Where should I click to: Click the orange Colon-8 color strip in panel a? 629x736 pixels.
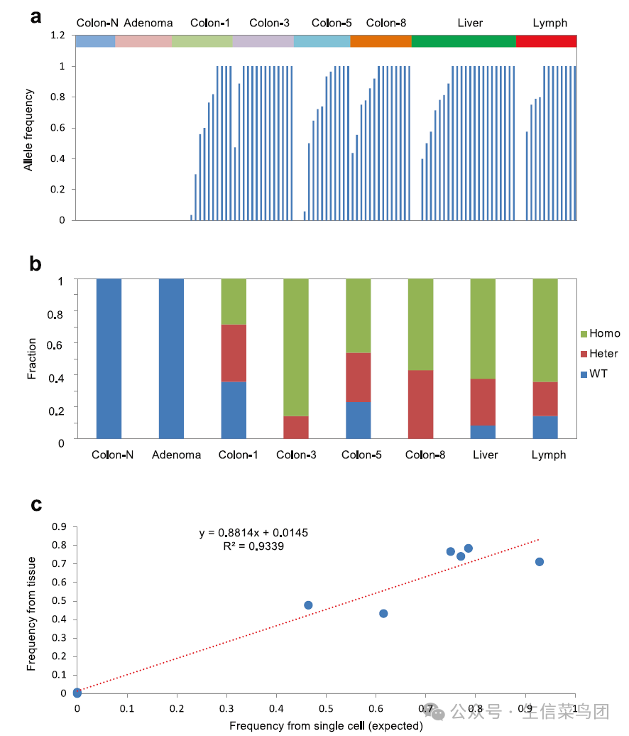[x=381, y=41]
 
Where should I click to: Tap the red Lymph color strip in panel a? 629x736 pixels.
[x=546, y=41]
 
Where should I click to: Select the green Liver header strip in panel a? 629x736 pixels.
[x=464, y=41]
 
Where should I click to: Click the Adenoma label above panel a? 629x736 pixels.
[x=148, y=23]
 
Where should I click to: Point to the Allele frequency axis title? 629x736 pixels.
[x=29, y=129]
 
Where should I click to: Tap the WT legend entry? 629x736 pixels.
[x=597, y=373]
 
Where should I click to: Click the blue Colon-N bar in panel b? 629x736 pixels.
[x=109, y=359]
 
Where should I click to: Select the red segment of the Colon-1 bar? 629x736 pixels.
[x=234, y=353]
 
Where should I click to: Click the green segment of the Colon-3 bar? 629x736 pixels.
[x=296, y=347]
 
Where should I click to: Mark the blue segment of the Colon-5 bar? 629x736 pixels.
[x=359, y=420]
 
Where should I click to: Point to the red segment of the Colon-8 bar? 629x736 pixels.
[x=421, y=404]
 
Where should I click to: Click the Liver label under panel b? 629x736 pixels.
[x=486, y=455]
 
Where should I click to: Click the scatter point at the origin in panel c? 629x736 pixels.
[x=77, y=693]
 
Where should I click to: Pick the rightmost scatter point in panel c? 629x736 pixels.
[x=540, y=562]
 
